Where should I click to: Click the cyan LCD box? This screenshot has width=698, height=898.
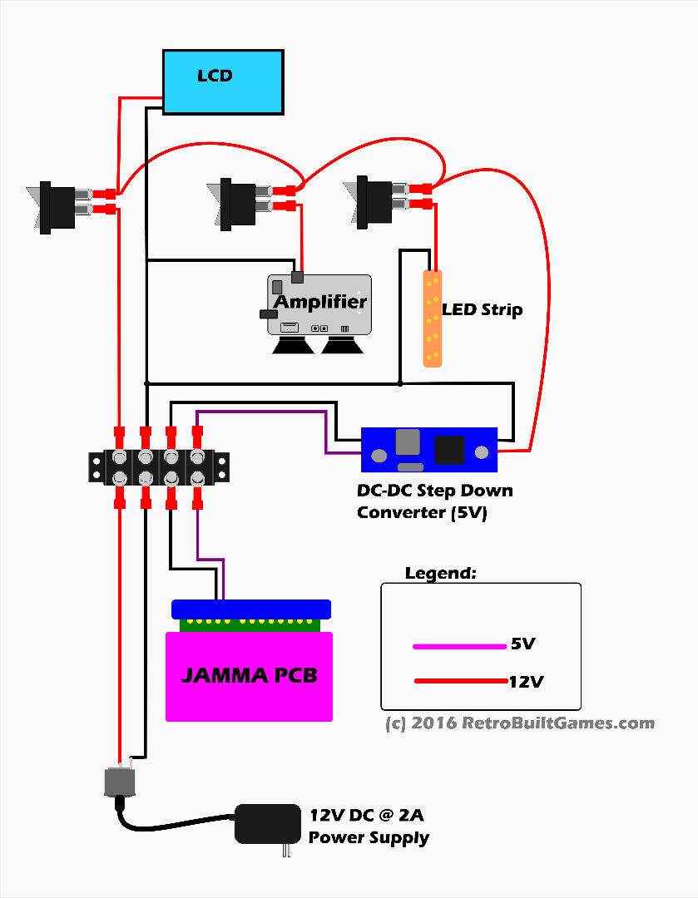(223, 81)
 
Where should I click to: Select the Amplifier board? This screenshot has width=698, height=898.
(319, 303)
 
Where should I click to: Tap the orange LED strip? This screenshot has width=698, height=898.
(433, 318)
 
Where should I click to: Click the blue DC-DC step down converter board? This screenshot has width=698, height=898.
(429, 450)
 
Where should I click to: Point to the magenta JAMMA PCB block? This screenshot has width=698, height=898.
(250, 675)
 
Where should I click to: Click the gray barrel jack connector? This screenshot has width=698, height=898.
(118, 782)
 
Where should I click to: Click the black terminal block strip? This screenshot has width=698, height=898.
(159, 467)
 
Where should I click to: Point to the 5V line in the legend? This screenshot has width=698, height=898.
(462, 645)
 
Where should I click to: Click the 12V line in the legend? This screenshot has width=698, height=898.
(462, 682)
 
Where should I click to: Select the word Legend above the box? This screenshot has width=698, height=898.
(441, 574)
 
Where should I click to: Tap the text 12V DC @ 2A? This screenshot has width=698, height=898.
(367, 815)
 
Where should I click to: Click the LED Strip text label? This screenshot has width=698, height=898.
(483, 310)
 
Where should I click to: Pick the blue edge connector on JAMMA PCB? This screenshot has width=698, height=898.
(251, 609)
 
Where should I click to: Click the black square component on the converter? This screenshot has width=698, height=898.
(450, 450)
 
